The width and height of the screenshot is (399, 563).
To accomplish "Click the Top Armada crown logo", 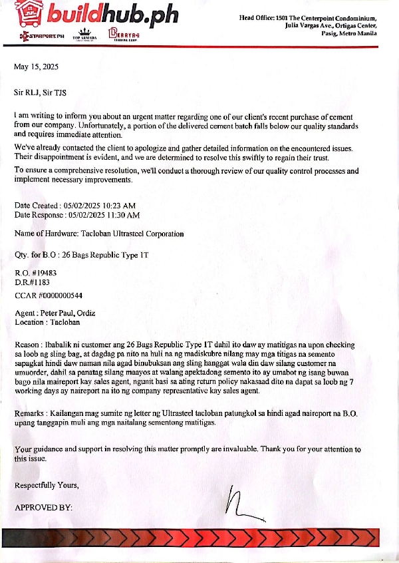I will (84, 33).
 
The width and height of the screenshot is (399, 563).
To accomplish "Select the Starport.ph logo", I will (43, 35).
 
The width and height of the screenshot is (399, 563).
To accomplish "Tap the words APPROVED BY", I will (43, 508).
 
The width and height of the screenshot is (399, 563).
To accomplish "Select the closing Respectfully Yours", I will (47, 485).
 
